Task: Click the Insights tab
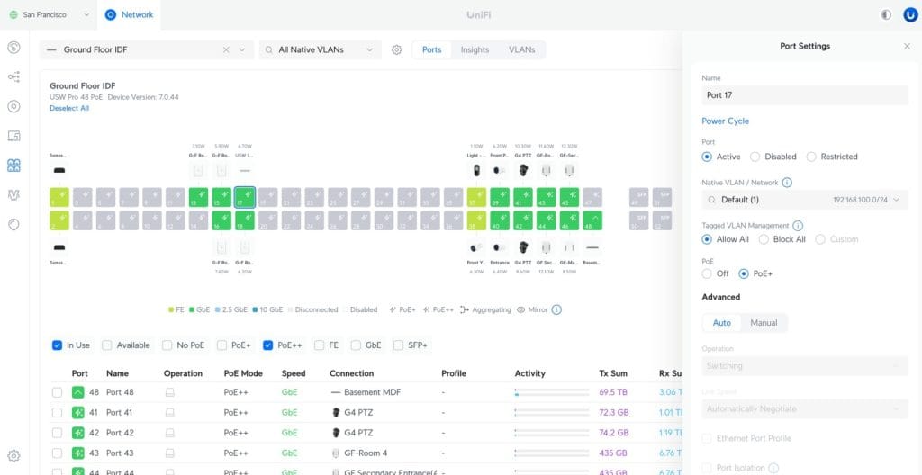[475, 50]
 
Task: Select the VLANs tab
[521, 50]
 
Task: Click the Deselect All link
[69, 108]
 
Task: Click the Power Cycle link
[725, 121]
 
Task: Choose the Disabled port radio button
[755, 157]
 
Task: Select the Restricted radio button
[812, 157]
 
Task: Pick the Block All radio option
[764, 239]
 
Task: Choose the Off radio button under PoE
[708, 273]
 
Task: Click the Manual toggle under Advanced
[764, 323]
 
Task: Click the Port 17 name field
[805, 95]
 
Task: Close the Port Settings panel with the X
[907, 46]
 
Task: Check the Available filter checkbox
[107, 345]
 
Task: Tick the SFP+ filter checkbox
[399, 345]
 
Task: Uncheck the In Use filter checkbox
[58, 345]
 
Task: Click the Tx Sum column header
[612, 373]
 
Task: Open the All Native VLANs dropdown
[322, 50]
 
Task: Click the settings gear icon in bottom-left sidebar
[14, 456]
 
